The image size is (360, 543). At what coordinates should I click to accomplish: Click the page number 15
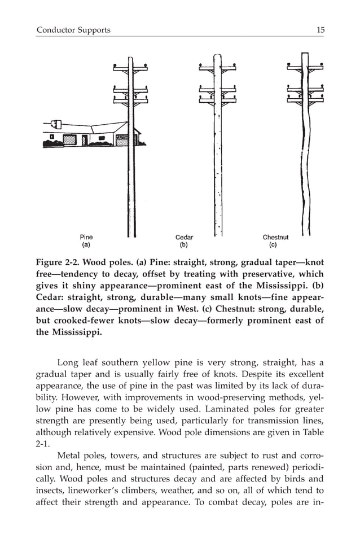point(320,30)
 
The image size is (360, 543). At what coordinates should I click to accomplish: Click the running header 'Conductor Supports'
point(73,30)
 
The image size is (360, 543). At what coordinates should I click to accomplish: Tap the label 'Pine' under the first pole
point(86,238)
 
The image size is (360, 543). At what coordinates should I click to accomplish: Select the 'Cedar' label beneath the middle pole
point(184,238)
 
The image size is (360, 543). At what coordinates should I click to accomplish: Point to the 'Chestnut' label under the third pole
point(275,238)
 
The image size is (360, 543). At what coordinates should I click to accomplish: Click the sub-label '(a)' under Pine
point(86,246)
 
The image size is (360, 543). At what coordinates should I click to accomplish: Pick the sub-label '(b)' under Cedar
point(184,246)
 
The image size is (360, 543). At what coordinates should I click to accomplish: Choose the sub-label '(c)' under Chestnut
point(273,246)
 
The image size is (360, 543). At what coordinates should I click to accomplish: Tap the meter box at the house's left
point(56,123)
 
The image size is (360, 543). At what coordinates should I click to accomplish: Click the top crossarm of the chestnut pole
point(305,69)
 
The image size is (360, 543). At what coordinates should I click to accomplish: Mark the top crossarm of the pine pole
point(130,69)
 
